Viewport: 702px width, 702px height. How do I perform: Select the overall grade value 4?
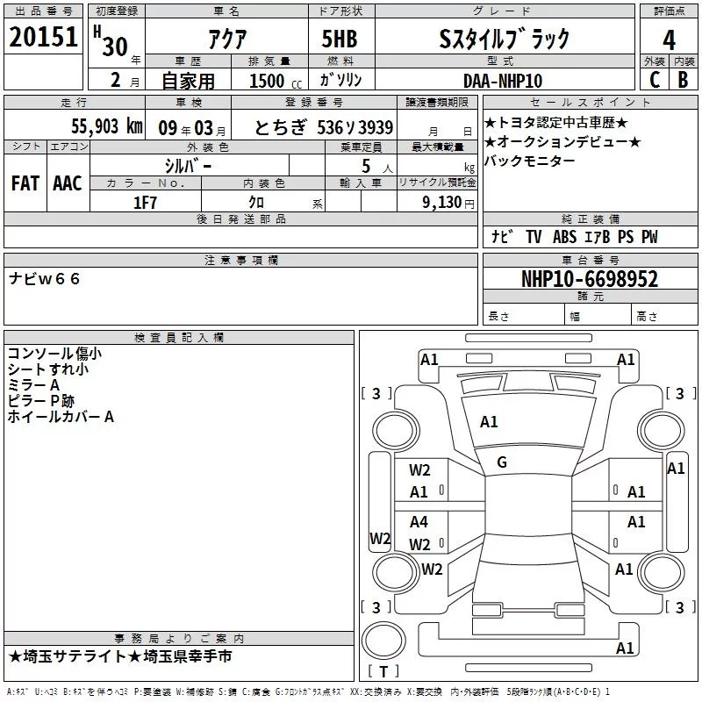(670, 39)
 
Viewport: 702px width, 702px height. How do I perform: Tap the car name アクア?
(228, 39)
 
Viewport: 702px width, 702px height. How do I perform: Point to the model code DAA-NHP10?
(503, 80)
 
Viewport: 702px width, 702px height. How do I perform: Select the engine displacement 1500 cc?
(267, 80)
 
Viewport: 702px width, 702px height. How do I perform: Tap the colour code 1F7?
(146, 202)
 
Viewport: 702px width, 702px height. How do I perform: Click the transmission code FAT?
(25, 183)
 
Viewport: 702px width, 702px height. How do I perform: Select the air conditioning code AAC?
(67, 183)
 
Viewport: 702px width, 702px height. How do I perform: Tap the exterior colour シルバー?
(188, 165)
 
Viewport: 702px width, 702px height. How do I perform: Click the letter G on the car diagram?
(502, 462)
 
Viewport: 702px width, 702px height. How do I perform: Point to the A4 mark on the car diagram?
(419, 522)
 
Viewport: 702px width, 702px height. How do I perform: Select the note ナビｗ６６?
(45, 278)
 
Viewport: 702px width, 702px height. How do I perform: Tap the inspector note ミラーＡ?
(33, 385)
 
